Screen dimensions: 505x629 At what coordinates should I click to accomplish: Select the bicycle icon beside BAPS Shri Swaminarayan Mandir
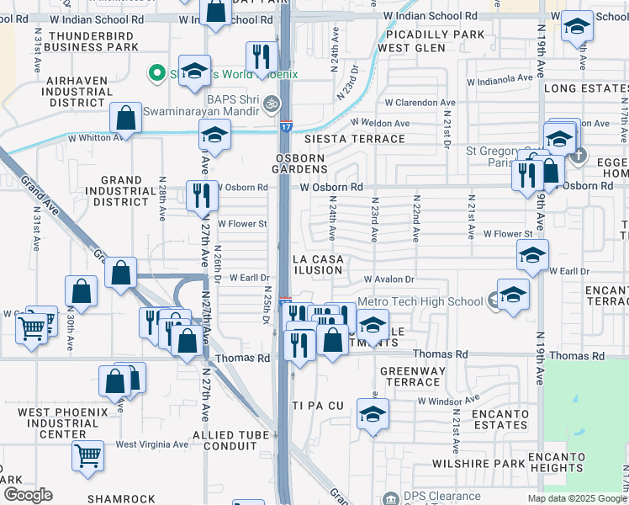(x=271, y=104)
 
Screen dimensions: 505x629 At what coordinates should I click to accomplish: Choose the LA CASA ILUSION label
(x=317, y=264)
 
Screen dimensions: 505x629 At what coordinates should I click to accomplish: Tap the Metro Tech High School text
(x=420, y=301)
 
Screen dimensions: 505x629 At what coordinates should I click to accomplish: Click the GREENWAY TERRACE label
(x=410, y=376)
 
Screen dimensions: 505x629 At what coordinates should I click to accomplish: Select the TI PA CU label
(x=318, y=406)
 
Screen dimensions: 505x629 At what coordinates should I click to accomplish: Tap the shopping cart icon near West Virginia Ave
(x=87, y=456)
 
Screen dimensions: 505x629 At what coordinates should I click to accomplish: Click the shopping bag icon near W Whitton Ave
(x=125, y=118)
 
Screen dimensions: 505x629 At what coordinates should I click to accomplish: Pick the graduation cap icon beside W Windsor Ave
(x=373, y=414)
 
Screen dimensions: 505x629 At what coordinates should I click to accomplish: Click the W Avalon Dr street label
(x=389, y=279)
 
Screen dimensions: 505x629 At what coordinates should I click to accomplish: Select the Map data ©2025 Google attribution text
(x=576, y=498)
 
